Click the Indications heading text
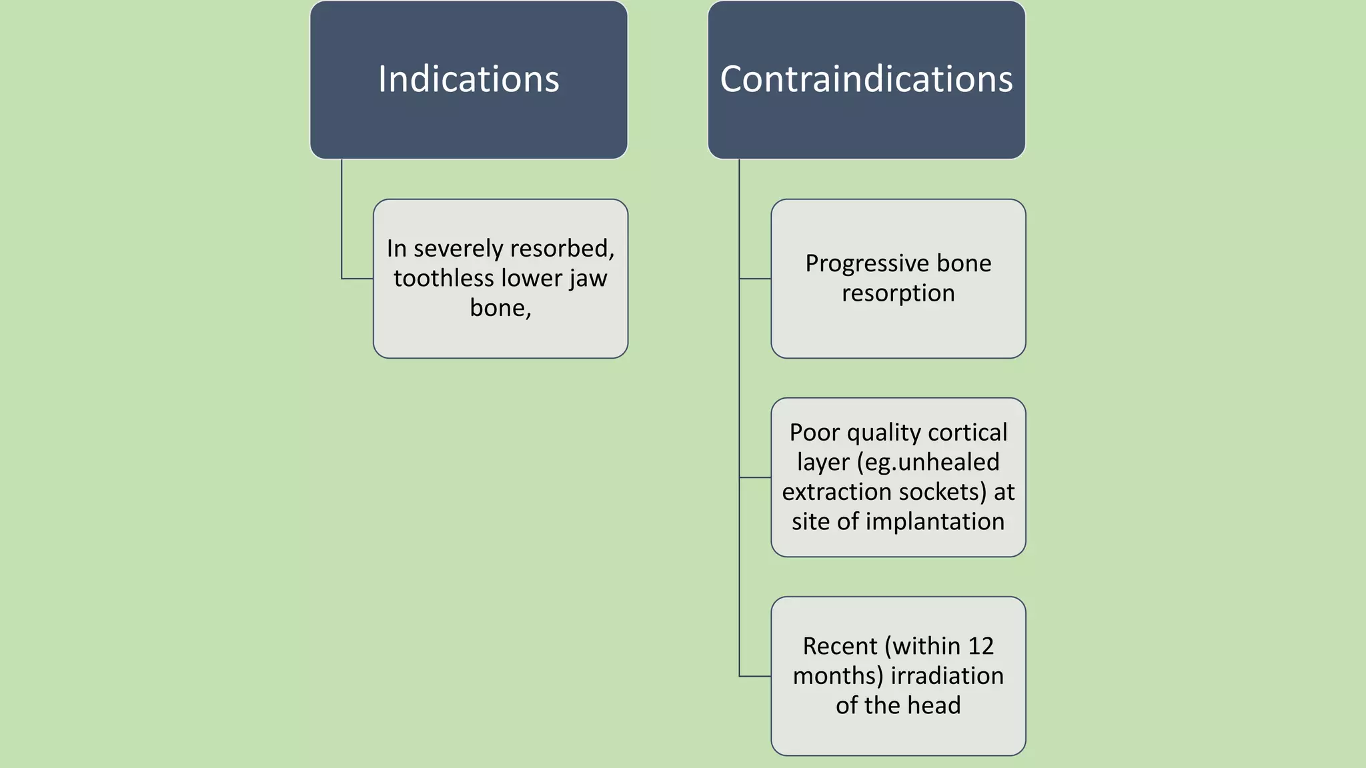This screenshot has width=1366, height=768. [x=468, y=79]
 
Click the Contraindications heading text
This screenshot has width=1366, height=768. [x=866, y=79]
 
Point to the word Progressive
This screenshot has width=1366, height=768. [x=860, y=263]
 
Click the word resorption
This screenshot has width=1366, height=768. [x=898, y=293]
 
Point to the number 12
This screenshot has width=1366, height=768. [x=980, y=645]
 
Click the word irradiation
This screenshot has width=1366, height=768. [x=947, y=675]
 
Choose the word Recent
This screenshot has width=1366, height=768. [x=840, y=645]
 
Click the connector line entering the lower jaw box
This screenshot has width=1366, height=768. [x=357, y=279]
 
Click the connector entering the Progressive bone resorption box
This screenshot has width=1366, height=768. [x=755, y=279]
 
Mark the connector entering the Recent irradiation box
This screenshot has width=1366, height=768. [x=755, y=676]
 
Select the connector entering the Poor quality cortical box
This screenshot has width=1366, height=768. [x=755, y=477]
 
